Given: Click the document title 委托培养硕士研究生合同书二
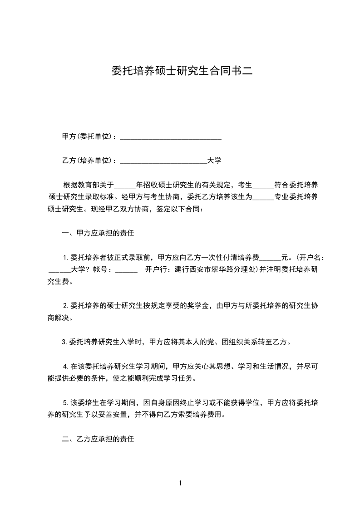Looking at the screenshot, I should click(x=181, y=71).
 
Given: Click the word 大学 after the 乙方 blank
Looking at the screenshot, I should click(x=214, y=161).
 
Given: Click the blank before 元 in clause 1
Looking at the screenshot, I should click(x=271, y=258).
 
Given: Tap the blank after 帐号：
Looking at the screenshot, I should click(x=127, y=269).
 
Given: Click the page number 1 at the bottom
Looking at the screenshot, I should click(x=180, y=483).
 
